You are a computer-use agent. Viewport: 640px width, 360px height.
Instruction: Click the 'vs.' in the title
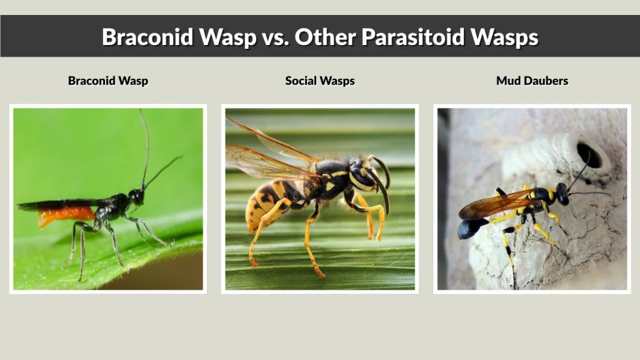(x=272, y=37)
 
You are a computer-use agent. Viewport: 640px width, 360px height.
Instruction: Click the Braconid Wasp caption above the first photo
(x=108, y=81)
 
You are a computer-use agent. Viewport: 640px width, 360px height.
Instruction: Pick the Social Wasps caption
(x=320, y=81)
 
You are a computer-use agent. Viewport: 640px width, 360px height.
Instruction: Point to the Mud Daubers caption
(x=532, y=81)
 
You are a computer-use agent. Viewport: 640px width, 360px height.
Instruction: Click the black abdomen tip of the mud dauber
(x=469, y=229)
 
